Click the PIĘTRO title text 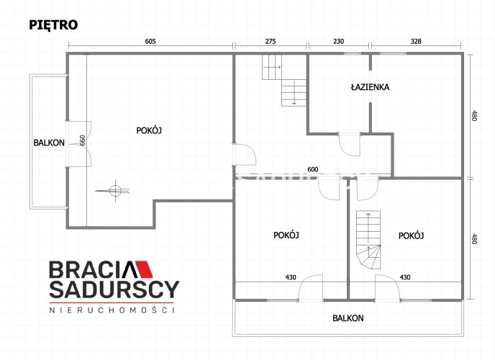(x=53, y=25)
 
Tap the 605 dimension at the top (x=150, y=41)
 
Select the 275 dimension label (x=271, y=41)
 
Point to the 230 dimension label (x=338, y=41)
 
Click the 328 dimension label (x=416, y=41)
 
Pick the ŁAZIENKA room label (x=370, y=87)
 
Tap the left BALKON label (x=49, y=143)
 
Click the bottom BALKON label (x=348, y=318)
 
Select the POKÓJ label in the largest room (x=149, y=130)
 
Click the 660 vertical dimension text (x=83, y=140)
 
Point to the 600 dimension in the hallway (x=313, y=170)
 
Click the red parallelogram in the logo (x=145, y=269)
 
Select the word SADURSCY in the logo (x=114, y=289)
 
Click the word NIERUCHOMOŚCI (x=112, y=310)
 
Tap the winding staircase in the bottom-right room (x=368, y=240)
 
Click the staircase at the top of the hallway (x=284, y=80)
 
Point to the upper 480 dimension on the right (x=474, y=115)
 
